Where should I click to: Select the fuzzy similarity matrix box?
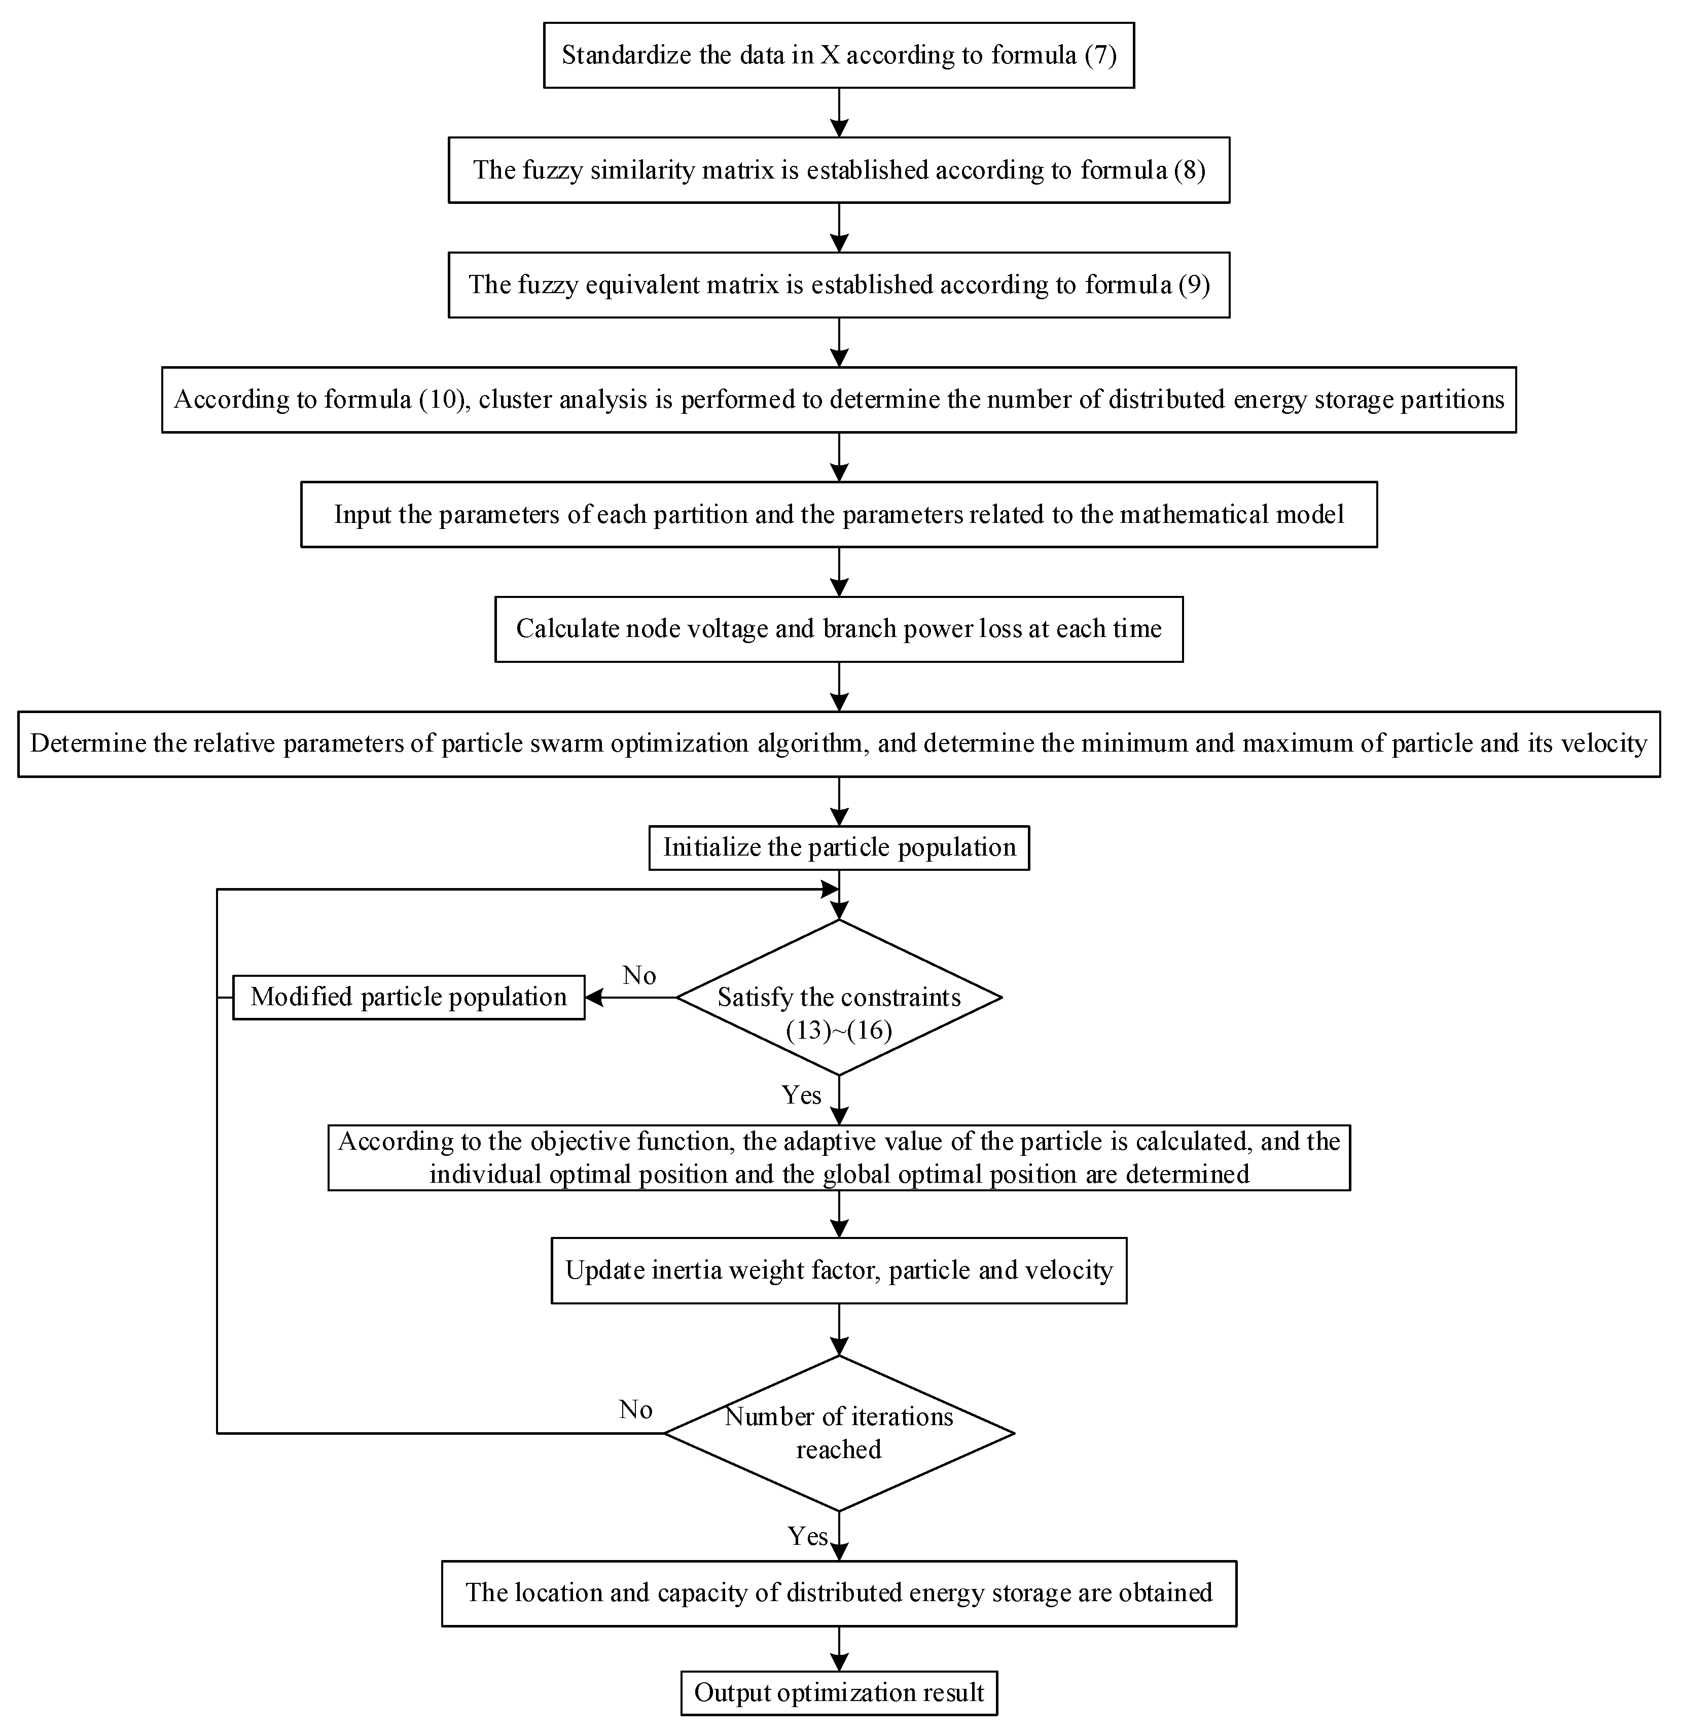pyautogui.click(x=838, y=170)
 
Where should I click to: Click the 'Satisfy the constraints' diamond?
pyautogui.click(x=838, y=998)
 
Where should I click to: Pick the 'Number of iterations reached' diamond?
pyautogui.click(x=838, y=1432)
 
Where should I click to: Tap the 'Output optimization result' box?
pyautogui.click(x=838, y=1692)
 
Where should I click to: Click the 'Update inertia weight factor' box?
pyautogui.click(x=838, y=1270)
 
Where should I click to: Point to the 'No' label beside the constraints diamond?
pyautogui.click(x=639, y=975)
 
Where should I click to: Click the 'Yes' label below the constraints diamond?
pyautogui.click(x=801, y=1095)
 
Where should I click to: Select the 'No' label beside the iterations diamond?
pyautogui.click(x=635, y=1409)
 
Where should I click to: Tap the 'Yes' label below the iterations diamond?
pyautogui.click(x=807, y=1536)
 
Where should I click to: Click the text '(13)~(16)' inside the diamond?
pyautogui.click(x=838, y=1031)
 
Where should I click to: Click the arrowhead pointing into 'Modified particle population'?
pyautogui.click(x=594, y=998)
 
